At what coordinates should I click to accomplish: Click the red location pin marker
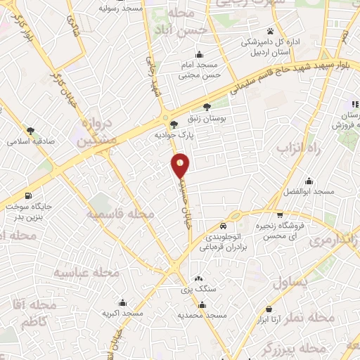pyautogui.click(x=181, y=165)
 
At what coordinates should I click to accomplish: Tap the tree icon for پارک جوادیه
pyautogui.click(x=174, y=124)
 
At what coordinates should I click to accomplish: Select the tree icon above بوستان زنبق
pyautogui.click(x=207, y=107)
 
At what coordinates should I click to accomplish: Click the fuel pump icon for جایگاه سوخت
pyautogui.click(x=28, y=195)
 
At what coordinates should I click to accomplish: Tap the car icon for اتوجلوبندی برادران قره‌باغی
pyautogui.click(x=222, y=226)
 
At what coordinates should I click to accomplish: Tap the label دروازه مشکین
pyautogui.click(x=88, y=131)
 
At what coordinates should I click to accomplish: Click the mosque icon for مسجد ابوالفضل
pyautogui.click(x=307, y=181)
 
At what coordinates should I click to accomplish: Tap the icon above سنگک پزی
pyautogui.click(x=199, y=278)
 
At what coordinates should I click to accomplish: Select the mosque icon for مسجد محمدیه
pyautogui.click(x=202, y=304)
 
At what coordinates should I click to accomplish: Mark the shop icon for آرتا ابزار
pyautogui.click(x=269, y=308)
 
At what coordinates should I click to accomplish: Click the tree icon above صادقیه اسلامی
pyautogui.click(x=30, y=130)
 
